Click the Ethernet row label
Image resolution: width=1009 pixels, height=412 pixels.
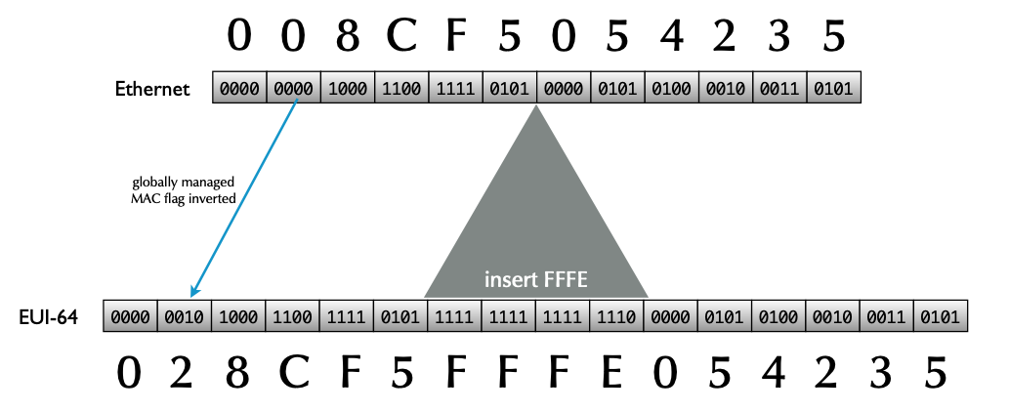tap(151, 89)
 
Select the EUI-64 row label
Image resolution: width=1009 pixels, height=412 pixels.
tap(48, 317)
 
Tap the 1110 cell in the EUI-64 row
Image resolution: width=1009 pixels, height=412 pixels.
tap(616, 317)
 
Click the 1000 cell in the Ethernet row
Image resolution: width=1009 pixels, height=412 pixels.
tap(348, 89)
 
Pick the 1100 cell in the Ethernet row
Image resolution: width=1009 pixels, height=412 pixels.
tap(401, 89)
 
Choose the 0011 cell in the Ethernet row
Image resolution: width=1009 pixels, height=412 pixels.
tap(779, 89)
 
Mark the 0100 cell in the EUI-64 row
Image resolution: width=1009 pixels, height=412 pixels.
tap(778, 317)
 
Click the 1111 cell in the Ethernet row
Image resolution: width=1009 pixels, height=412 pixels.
tap(455, 89)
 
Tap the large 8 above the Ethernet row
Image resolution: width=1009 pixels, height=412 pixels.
tap(348, 36)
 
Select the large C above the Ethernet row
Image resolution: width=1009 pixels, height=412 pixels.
tap(401, 36)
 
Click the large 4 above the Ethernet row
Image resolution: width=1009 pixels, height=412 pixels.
tap(671, 36)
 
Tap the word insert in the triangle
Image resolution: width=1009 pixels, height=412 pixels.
tap(511, 280)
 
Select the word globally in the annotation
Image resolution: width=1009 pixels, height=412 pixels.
tap(153, 183)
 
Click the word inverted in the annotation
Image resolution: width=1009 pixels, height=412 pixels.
tap(211, 197)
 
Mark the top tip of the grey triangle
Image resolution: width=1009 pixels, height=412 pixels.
tap(536, 104)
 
